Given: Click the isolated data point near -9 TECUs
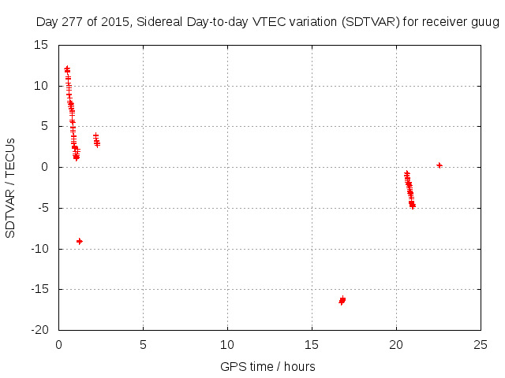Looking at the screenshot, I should tap(80, 241).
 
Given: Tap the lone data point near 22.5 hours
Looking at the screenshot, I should tap(440, 165).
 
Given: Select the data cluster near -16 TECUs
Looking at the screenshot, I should tap(342, 300).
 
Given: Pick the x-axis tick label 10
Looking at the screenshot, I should tap(227, 344).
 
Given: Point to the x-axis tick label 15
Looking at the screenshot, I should tap(312, 344).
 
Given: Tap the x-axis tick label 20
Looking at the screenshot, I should tap(396, 344).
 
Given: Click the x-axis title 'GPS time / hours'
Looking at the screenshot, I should tap(268, 366).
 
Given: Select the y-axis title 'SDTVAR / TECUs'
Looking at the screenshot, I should tap(10, 187).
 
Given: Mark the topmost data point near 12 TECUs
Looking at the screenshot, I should tap(67, 69).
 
